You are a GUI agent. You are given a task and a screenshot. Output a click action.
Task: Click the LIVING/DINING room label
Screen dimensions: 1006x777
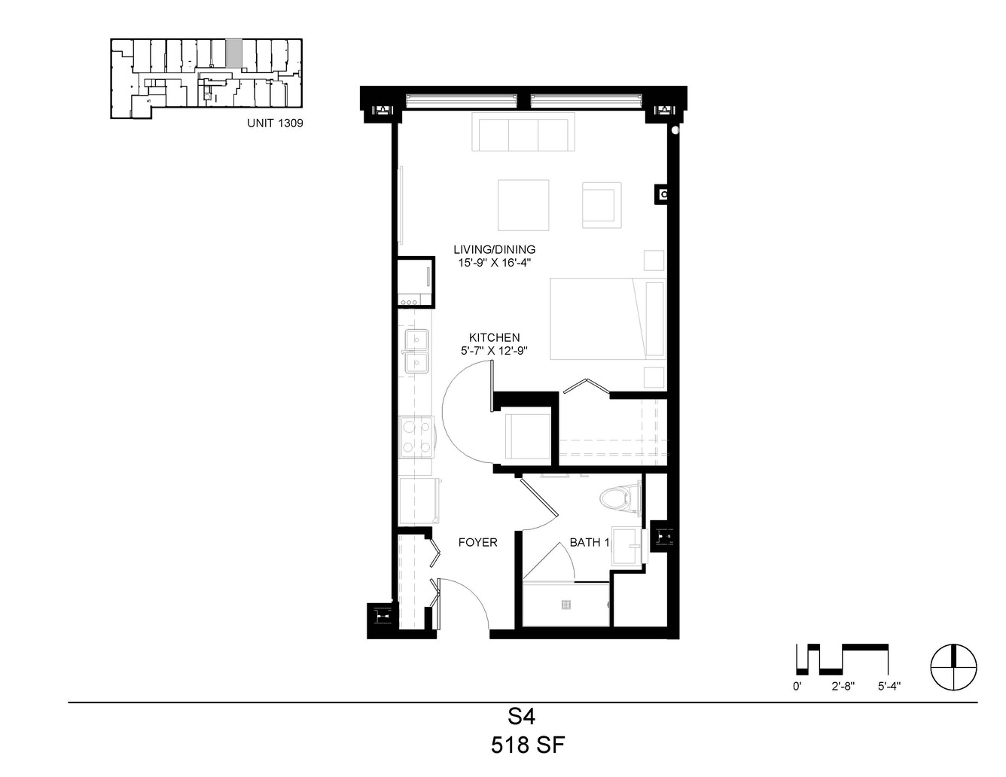coord(494,249)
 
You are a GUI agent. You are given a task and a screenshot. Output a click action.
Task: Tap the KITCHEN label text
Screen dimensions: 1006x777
coord(494,337)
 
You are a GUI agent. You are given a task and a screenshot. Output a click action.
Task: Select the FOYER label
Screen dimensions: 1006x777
coord(477,542)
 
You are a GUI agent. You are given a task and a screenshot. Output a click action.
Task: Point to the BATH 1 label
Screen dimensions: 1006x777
coord(589,542)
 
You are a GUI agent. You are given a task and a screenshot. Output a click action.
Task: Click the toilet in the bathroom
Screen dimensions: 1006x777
coord(620,499)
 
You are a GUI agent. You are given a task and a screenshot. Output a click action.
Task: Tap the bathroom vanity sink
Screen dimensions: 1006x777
coord(629,546)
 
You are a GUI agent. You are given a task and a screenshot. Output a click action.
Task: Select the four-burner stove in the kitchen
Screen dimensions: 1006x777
coord(416,437)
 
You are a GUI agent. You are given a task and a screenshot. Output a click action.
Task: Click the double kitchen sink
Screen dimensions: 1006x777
coord(416,352)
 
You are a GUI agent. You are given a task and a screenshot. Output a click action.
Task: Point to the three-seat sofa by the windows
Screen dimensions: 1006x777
coord(523,132)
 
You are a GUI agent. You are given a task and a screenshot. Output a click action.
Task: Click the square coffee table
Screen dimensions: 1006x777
coord(523,205)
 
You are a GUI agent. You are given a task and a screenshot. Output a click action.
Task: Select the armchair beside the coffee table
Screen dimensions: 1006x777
coord(602,205)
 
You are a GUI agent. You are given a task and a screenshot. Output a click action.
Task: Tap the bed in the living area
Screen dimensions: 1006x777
coord(608,318)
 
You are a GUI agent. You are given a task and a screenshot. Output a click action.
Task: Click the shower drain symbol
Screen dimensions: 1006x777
coord(566,605)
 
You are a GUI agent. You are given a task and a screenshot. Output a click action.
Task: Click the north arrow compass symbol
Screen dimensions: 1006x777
coord(954,667)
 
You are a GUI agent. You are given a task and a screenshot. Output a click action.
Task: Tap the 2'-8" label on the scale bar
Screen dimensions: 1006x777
coord(843,687)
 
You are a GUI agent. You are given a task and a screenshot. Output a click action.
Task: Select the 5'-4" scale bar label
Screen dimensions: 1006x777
coord(889,687)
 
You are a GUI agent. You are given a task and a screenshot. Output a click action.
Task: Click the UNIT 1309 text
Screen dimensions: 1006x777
coord(275,123)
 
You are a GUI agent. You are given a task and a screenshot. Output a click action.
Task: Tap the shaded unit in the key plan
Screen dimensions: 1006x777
coord(233,52)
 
